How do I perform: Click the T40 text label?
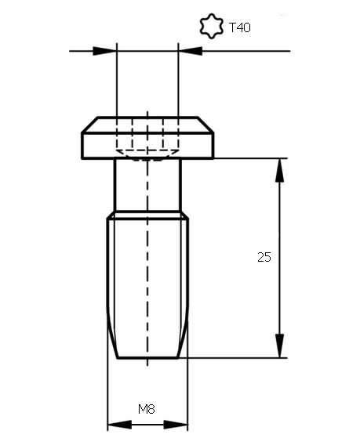tap(240, 27)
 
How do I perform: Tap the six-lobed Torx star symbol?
tap(212, 26)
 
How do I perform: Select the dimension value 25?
tap(264, 257)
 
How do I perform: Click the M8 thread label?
tap(147, 409)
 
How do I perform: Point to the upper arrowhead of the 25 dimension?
tap(279, 170)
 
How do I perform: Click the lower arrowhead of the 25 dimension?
tap(279, 346)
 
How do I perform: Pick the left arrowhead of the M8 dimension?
tap(120, 425)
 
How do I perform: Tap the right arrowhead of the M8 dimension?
tap(176, 425)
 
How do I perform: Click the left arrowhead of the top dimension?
tap(105, 51)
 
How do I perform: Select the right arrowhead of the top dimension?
tap(191, 51)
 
